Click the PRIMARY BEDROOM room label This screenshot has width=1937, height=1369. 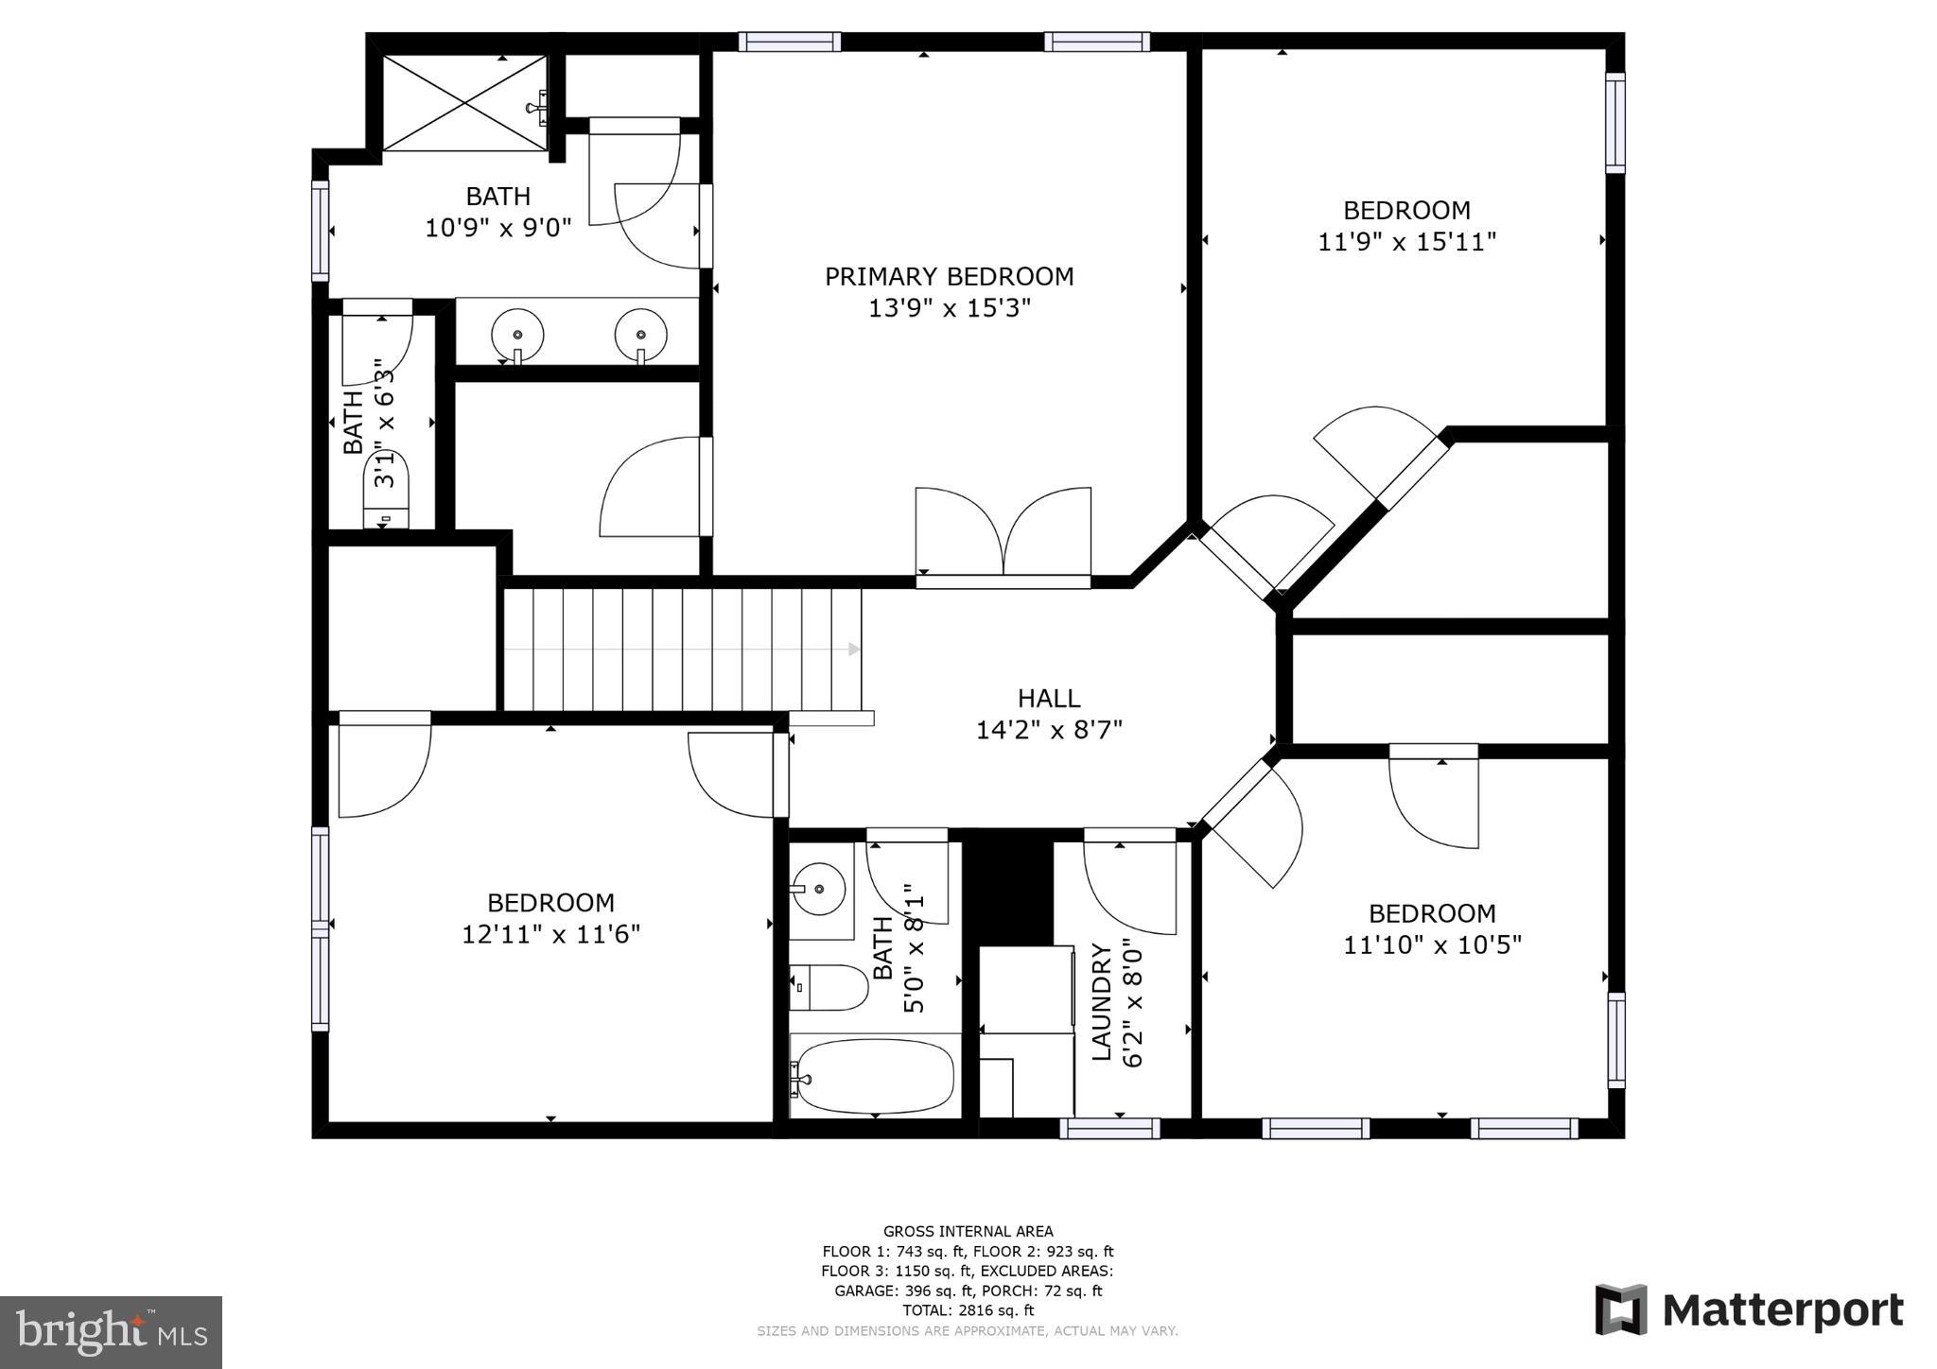[x=949, y=276]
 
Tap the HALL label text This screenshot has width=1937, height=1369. [x=1049, y=698]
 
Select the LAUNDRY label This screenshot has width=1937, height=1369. [x=1101, y=1002]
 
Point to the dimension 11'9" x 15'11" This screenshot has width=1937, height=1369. [x=1406, y=242]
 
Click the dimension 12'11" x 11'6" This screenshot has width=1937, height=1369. [x=550, y=934]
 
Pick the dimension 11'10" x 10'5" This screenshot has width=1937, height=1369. [x=1432, y=944]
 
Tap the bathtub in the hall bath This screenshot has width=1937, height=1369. [x=871, y=1076]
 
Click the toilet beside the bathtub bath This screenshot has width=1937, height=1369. [x=829, y=988]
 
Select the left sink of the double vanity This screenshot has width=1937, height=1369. [x=517, y=335]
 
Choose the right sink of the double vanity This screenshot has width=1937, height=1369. [x=640, y=335]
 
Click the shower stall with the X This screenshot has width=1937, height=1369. [x=464, y=103]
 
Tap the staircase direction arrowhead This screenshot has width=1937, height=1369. [x=855, y=650]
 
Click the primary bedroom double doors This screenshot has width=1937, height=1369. [x=1003, y=535]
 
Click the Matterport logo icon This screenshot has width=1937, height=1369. [x=1621, y=1309]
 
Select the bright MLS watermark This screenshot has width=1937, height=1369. [x=112, y=1331]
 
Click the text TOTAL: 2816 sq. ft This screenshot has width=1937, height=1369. [x=968, y=1310]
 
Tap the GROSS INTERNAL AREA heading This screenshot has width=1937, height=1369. [x=968, y=1231]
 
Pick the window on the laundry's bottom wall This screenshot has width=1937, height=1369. [x=1109, y=1128]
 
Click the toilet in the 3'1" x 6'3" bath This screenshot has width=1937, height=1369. [x=386, y=490]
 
